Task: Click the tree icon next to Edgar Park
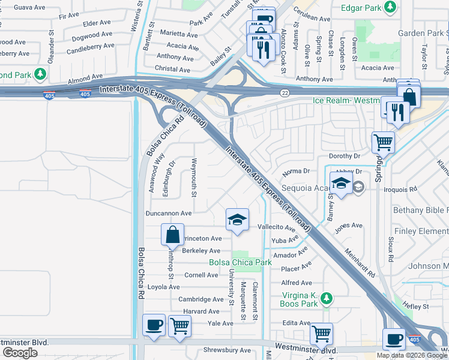[391, 7]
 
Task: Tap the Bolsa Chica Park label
[240, 262]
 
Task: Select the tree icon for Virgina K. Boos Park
[326, 298]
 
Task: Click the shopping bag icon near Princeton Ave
[173, 235]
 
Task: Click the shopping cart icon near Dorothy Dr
[383, 142]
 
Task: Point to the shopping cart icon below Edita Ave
[322, 332]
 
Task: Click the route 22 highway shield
[285, 92]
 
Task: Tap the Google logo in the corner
[20, 353]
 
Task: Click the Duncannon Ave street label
[169, 213]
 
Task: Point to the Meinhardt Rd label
[360, 264]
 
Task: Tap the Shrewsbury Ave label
[228, 350]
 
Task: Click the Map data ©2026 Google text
[412, 355]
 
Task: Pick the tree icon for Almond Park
[41, 74]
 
